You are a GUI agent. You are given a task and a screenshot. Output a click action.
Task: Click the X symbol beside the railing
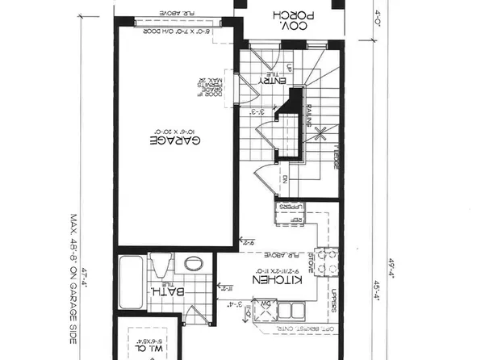point(320,130)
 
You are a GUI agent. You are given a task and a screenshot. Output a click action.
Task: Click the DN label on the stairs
point(287,180)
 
